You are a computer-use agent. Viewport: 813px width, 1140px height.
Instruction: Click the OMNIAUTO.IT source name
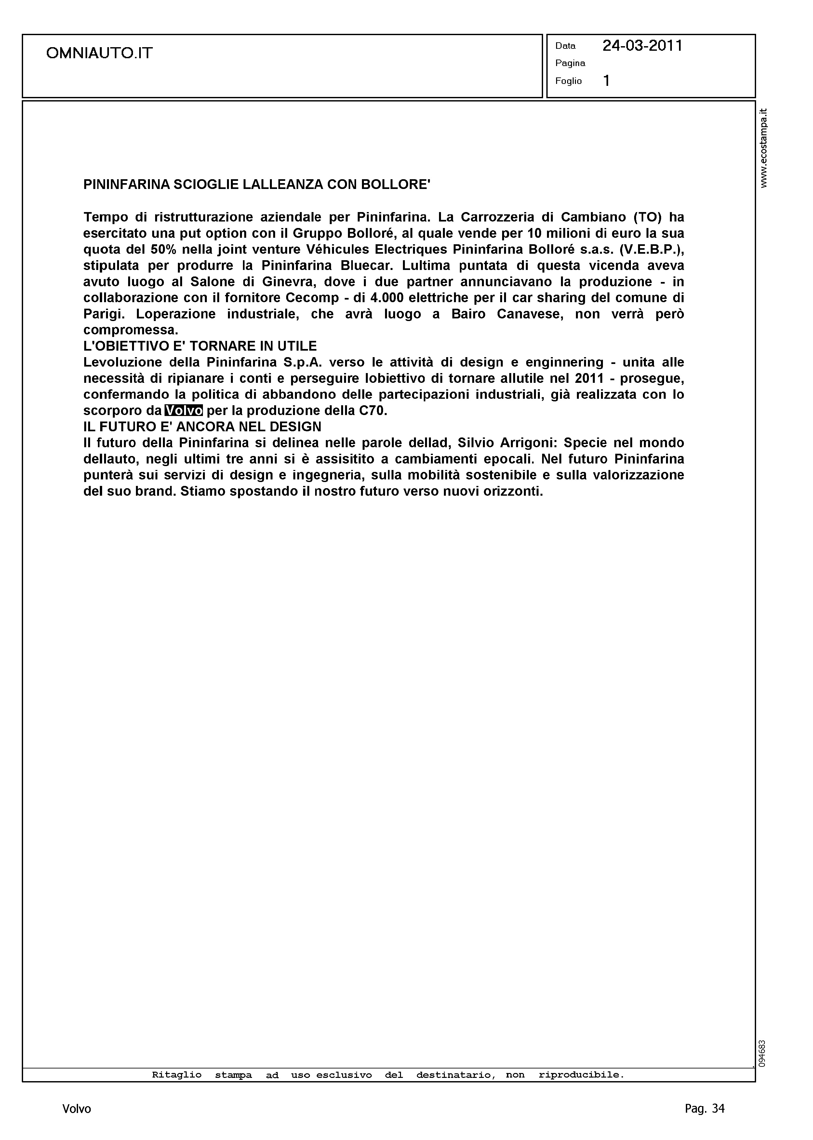99,53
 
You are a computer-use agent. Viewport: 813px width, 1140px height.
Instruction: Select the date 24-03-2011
642,46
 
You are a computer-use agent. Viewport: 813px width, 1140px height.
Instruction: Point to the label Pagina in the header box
570,63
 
